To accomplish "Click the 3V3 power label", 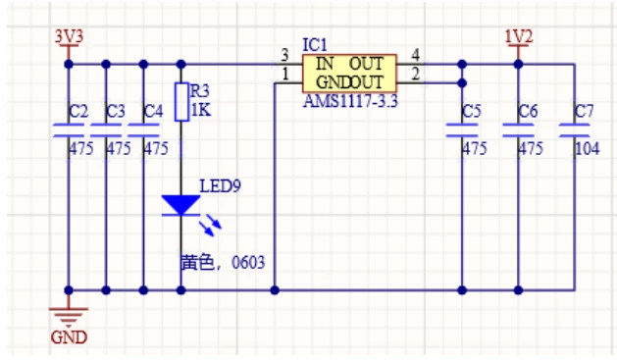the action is pos(69,36).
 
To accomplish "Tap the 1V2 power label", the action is pos(519,36).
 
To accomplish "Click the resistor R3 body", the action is pos(181,102).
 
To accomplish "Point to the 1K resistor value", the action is pos(201,111).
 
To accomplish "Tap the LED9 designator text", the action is pos(220,186).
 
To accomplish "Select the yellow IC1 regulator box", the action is pos(349,74).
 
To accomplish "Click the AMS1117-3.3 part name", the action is pos(350,101).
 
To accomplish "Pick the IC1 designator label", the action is pos(315,45).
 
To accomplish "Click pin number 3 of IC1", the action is pos(284,55).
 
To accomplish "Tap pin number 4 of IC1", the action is pos(415,55).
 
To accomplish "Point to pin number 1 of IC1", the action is pos(284,74).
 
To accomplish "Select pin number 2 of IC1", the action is pos(415,74).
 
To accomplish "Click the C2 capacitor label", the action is pos(78,112).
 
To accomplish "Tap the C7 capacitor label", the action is pos(584,112).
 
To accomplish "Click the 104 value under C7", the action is pos(588,149).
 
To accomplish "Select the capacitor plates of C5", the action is pos(462,130).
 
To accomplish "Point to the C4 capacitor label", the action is pos(153,112).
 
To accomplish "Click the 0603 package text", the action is pos(248,263).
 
